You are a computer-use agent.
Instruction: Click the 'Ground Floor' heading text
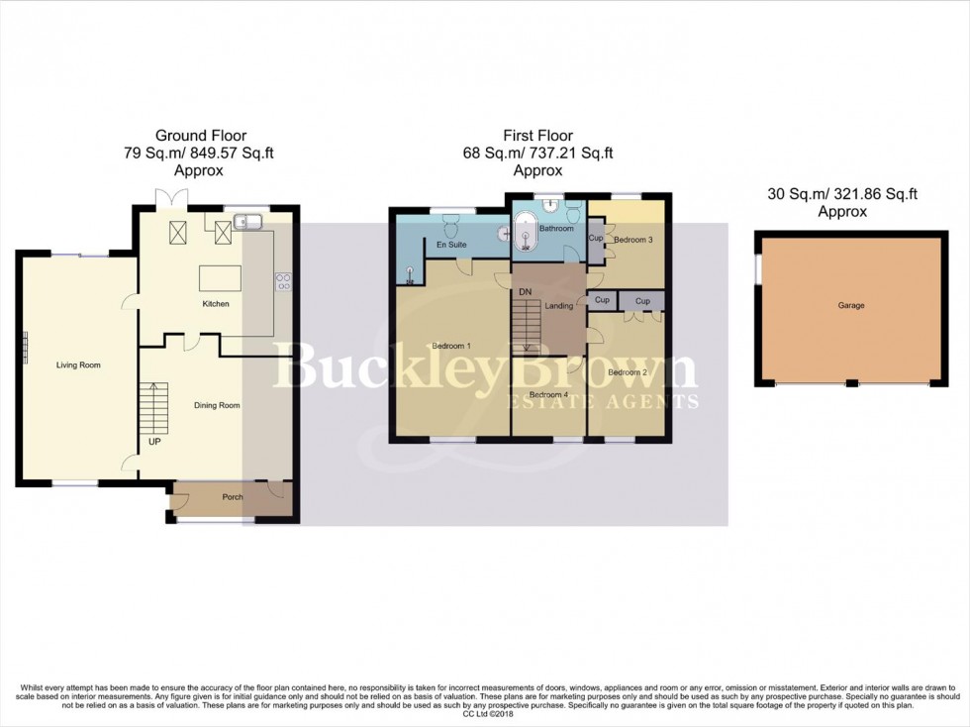(x=201, y=136)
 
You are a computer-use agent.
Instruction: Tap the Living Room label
(x=78, y=365)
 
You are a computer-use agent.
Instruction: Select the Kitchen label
(x=215, y=304)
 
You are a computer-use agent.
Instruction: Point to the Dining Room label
(x=217, y=405)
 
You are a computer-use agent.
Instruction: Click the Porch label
(x=232, y=497)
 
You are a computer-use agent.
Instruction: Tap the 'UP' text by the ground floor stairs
(x=154, y=441)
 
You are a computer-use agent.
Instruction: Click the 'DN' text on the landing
(x=525, y=292)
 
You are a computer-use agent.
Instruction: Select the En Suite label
(x=450, y=244)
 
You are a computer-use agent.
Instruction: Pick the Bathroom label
(x=555, y=229)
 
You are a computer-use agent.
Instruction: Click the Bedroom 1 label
(x=451, y=346)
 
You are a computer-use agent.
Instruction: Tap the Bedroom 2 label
(x=627, y=372)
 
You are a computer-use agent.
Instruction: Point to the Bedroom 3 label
(x=632, y=240)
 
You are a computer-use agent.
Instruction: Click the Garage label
(x=850, y=305)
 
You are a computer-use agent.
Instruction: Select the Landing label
(x=559, y=306)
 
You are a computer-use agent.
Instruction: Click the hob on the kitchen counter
(x=284, y=281)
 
